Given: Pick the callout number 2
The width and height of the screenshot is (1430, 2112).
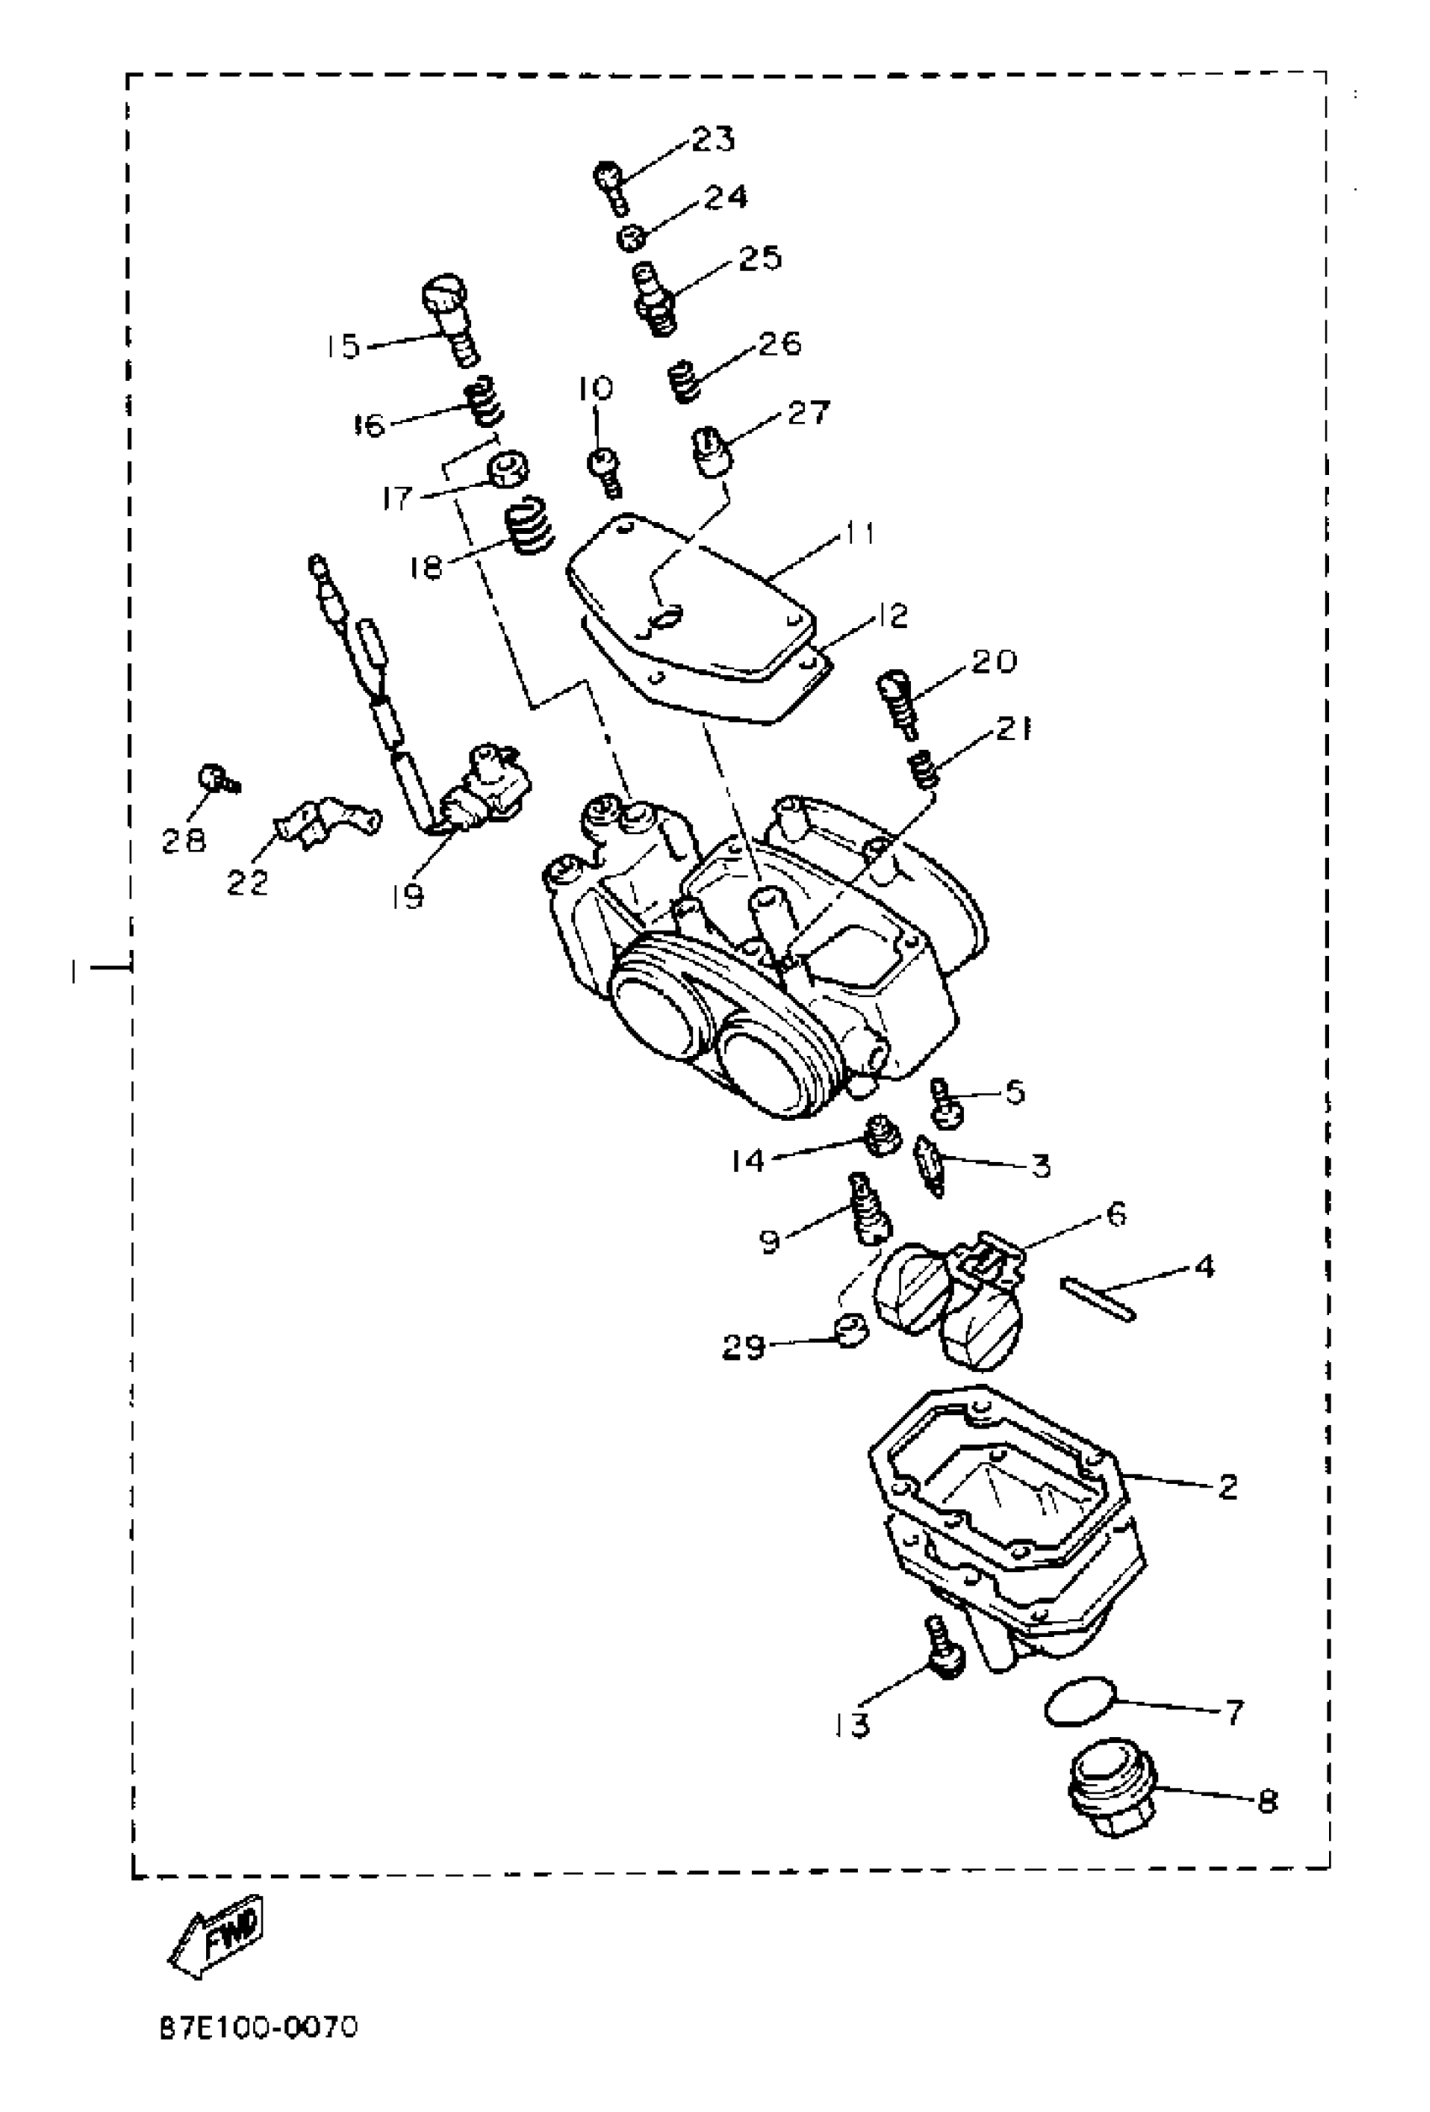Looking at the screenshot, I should click(1226, 1486).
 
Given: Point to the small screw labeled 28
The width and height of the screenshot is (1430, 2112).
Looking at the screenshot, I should click(214, 778).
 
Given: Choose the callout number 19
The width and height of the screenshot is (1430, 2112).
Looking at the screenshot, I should click(408, 897).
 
